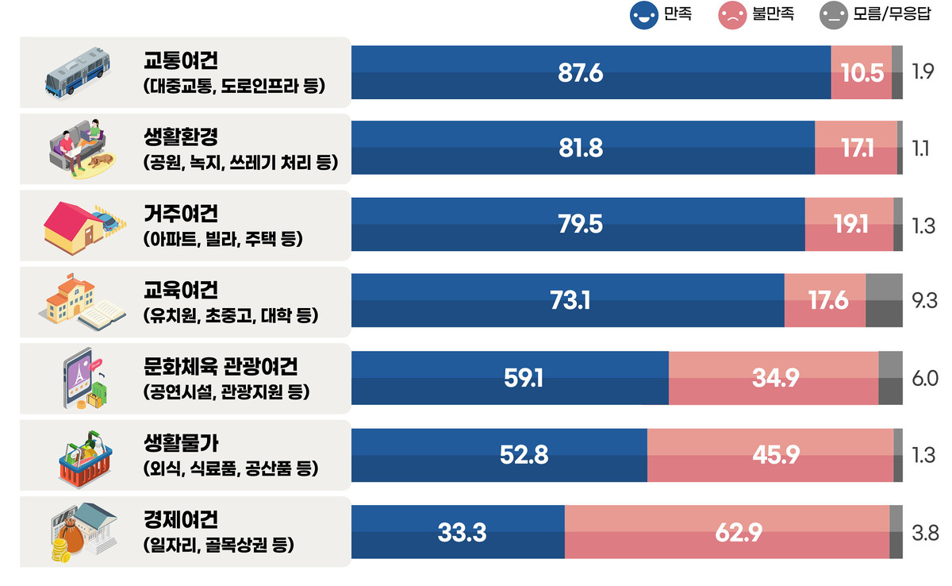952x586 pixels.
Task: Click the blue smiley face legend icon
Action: click(x=643, y=14)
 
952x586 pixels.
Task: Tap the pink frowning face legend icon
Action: click(x=731, y=14)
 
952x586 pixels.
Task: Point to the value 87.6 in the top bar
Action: click(x=581, y=73)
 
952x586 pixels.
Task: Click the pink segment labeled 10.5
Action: click(x=862, y=73)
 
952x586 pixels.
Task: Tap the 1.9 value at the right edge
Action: click(x=923, y=73)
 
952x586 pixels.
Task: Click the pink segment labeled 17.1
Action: click(x=858, y=148)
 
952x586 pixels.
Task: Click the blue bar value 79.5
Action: click(x=580, y=225)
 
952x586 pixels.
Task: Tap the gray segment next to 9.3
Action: click(x=884, y=301)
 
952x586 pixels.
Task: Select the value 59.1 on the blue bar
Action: click(x=524, y=378)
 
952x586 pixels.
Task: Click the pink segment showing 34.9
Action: click(x=775, y=378)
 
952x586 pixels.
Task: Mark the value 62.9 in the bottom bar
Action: click(x=738, y=532)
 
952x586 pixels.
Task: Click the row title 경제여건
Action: click(x=180, y=521)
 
